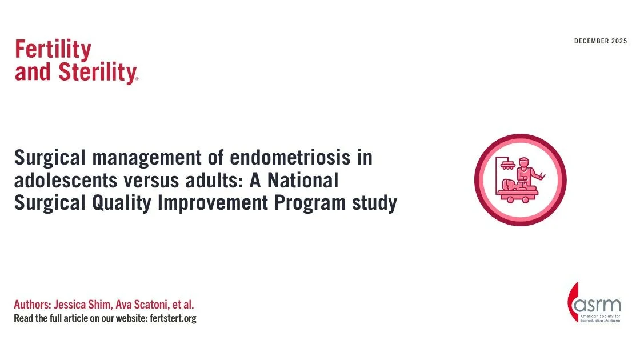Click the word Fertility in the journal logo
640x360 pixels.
(x=53, y=50)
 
